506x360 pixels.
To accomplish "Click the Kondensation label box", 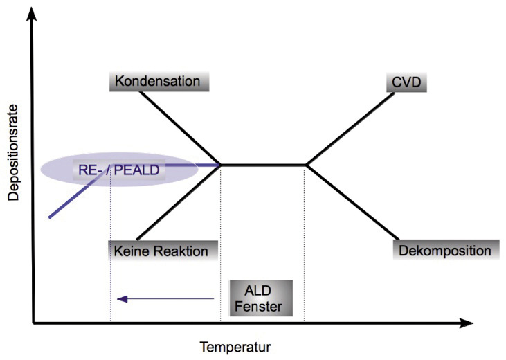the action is (x=159, y=82).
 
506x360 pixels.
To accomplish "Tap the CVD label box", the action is (x=406, y=82).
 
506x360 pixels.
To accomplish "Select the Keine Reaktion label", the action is (x=163, y=251).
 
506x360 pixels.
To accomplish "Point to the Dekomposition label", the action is (x=446, y=250).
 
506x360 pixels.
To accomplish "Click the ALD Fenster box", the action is (x=261, y=298).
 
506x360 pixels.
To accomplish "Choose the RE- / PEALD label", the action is (x=119, y=170).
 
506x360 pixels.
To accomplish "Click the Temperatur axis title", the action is (x=235, y=348).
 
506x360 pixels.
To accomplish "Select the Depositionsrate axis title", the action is (x=14, y=153).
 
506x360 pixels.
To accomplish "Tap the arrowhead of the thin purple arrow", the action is (x=122, y=299).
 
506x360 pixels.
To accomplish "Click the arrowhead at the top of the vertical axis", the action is (x=31, y=14).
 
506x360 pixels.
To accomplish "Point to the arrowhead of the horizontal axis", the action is (x=467, y=323).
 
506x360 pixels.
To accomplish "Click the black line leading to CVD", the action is (x=350, y=129).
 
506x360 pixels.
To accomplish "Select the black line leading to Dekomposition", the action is (x=352, y=202).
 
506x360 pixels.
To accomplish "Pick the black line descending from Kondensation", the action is (x=180, y=129).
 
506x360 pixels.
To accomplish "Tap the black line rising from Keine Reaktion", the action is (x=179, y=202).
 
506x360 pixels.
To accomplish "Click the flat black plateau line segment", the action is (x=263, y=165).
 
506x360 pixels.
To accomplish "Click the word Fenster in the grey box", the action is (x=258, y=307).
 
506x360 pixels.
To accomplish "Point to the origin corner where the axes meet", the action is (x=33, y=323).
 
